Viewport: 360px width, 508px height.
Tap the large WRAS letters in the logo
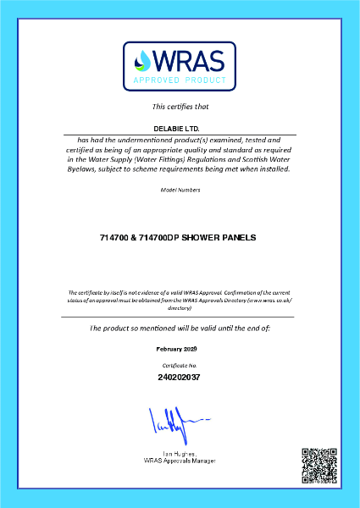click(x=189, y=60)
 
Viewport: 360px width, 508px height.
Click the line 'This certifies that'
click(x=180, y=107)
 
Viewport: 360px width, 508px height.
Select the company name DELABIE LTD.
click(x=180, y=128)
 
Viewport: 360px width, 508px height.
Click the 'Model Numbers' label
click(x=180, y=190)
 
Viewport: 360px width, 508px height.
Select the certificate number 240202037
click(x=180, y=376)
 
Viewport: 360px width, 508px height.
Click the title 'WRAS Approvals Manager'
click(x=180, y=461)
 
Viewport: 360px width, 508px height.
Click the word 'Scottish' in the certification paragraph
click(x=241, y=158)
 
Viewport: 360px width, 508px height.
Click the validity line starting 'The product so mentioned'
click(x=180, y=328)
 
